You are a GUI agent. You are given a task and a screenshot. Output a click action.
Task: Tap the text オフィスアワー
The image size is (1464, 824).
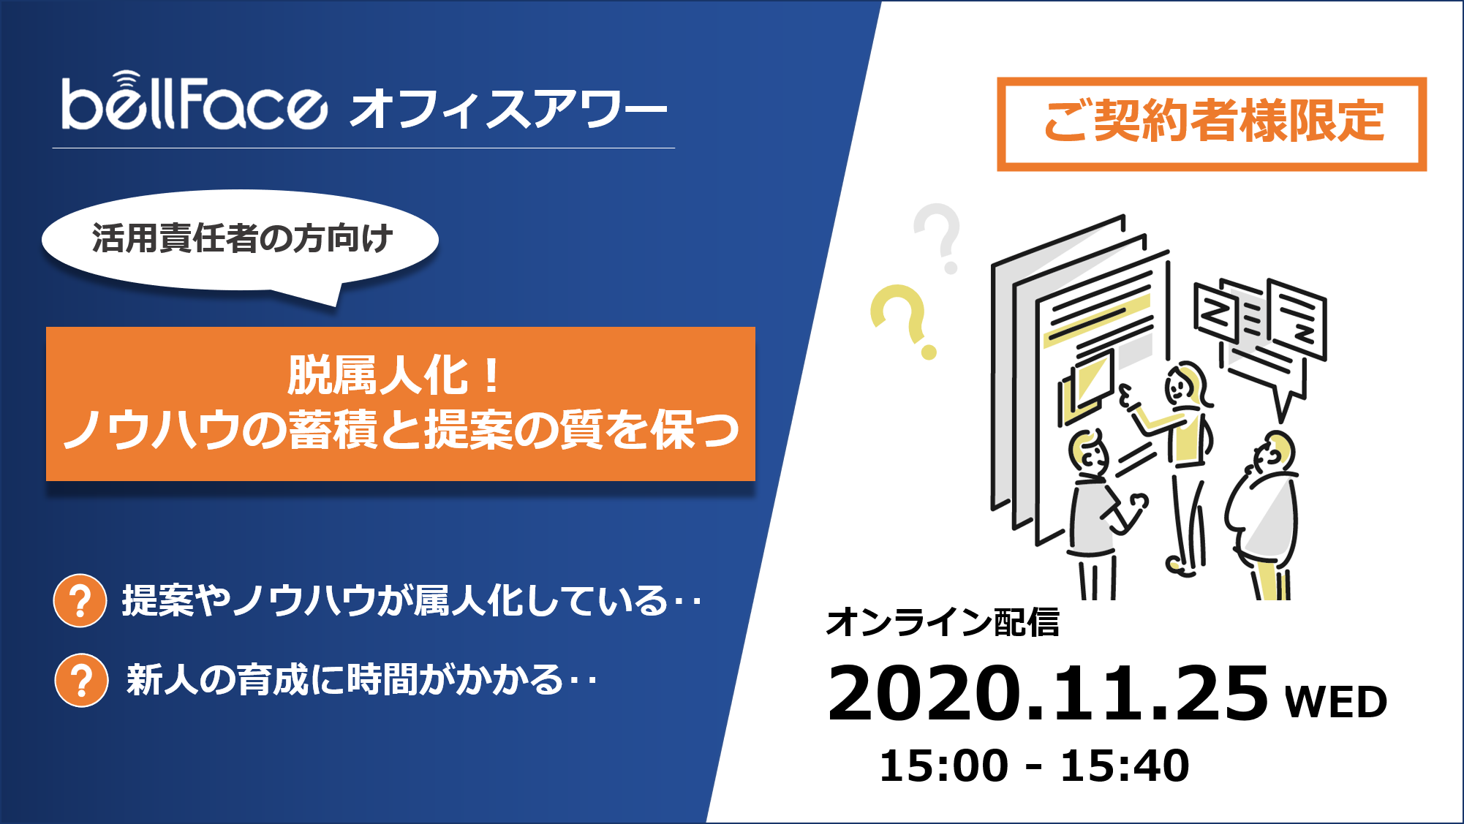508,109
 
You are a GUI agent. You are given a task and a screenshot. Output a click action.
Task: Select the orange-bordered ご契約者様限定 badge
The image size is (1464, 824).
1212,124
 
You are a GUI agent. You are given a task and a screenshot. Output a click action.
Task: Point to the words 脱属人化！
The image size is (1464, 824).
395,376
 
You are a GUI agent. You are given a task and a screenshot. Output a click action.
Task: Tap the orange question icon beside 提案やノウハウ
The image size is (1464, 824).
80,601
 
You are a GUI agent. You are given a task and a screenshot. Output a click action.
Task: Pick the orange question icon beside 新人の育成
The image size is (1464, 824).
81,680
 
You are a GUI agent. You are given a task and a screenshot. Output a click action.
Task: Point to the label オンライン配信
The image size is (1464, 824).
942,623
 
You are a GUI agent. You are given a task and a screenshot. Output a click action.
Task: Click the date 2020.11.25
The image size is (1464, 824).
1047,694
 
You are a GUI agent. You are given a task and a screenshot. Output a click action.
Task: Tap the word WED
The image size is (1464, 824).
1335,703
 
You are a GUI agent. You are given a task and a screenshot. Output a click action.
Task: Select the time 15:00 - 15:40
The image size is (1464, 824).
1034,766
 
